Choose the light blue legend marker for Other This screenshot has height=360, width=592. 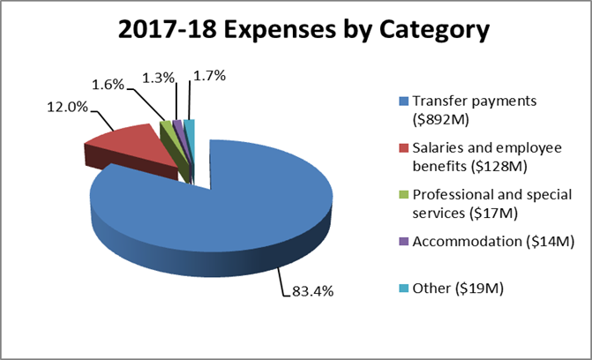tap(404, 289)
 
